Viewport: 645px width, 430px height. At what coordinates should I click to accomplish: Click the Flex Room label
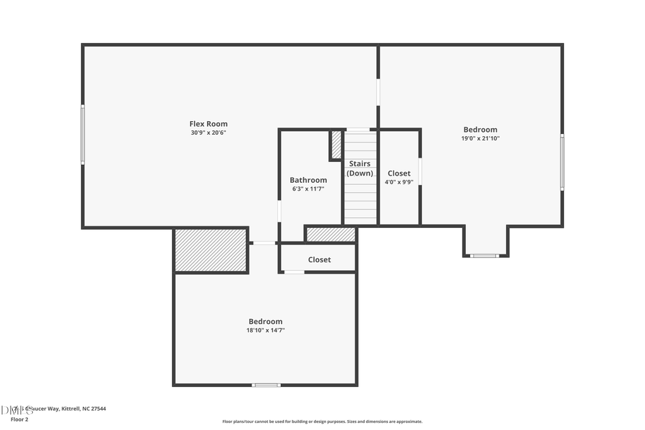[x=208, y=124]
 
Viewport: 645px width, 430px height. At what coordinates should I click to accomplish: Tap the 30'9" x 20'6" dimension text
[x=208, y=133]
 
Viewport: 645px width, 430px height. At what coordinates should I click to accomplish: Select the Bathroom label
[x=308, y=180]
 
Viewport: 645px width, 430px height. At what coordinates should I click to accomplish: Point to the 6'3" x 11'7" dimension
[x=308, y=188]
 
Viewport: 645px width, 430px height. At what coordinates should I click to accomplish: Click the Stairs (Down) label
[x=360, y=168]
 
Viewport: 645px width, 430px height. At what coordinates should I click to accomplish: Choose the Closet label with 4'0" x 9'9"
[x=399, y=173]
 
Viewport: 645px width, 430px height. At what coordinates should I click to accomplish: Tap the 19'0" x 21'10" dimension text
[x=480, y=138]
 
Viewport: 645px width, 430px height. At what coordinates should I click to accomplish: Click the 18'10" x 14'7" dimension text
[x=265, y=330]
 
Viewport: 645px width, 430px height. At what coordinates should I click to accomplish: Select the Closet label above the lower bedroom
[x=320, y=259]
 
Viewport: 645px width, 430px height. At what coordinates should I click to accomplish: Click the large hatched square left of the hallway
[x=211, y=251]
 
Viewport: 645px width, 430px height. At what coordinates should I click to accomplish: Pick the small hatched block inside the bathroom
[x=336, y=145]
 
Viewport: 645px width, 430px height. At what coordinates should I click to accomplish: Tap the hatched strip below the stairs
[x=330, y=234]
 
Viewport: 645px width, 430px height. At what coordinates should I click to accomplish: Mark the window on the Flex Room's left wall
[x=83, y=134]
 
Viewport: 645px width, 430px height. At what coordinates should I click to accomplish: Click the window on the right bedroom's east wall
[x=562, y=163]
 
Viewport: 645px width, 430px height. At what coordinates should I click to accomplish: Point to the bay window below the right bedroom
[x=484, y=255]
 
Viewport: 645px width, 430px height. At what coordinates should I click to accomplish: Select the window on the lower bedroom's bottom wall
[x=266, y=385]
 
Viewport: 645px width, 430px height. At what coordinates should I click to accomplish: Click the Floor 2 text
[x=19, y=419]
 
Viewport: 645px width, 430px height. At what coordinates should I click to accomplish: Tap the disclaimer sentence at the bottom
[x=322, y=421]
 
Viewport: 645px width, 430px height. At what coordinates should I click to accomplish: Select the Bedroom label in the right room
[x=480, y=130]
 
